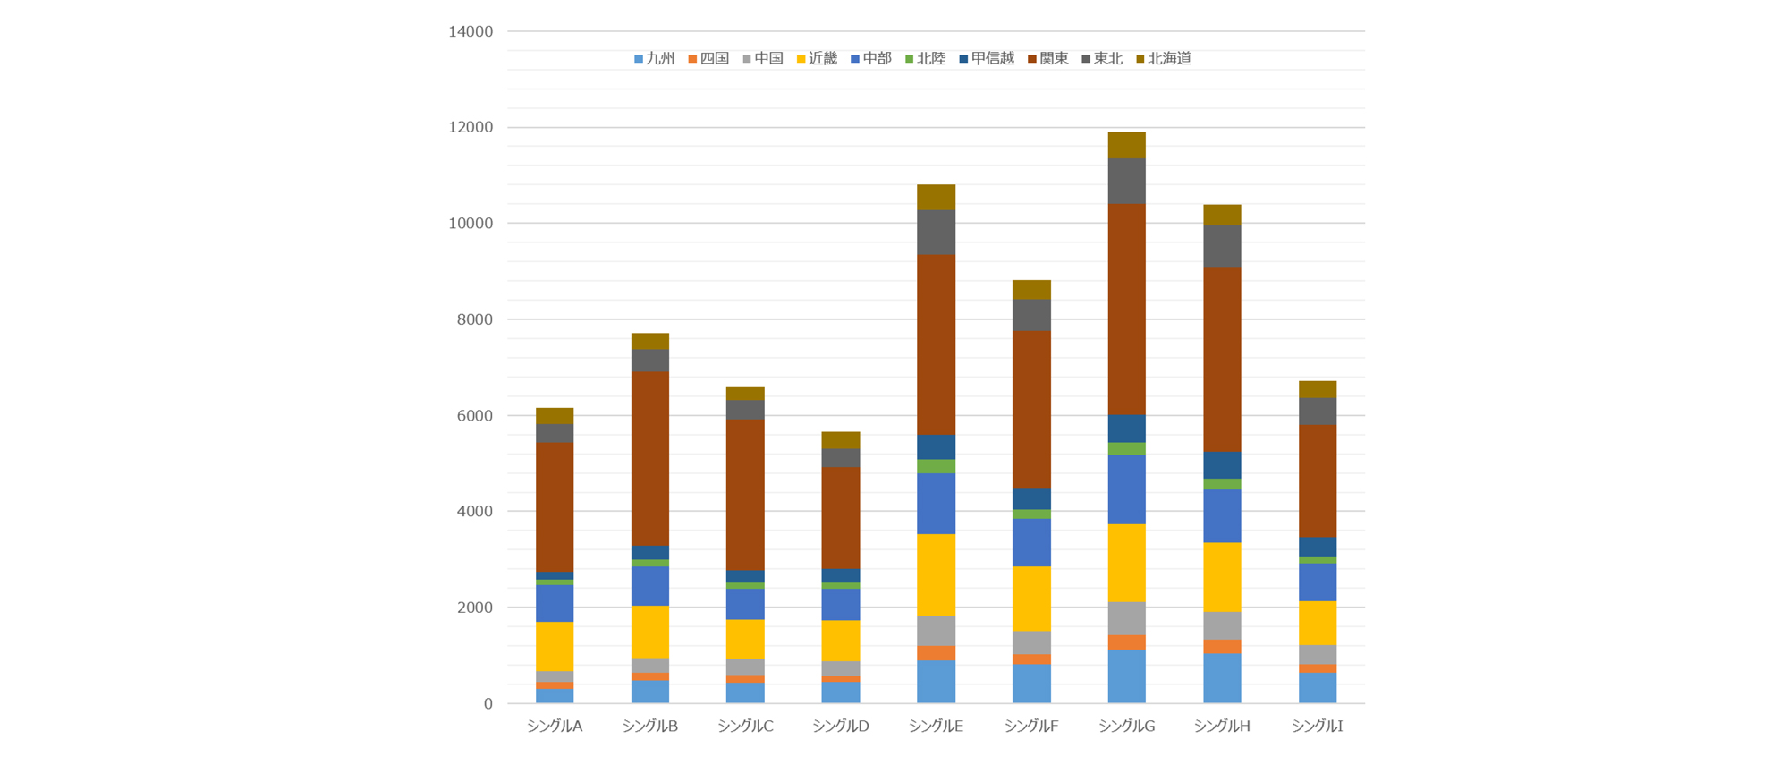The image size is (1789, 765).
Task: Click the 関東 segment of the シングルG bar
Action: click(1126, 309)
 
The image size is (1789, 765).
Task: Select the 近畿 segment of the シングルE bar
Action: click(936, 574)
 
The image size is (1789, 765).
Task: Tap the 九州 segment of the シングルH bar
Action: click(1222, 678)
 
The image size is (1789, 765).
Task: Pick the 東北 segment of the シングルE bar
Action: click(936, 233)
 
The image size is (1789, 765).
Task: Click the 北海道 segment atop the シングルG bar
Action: click(1126, 145)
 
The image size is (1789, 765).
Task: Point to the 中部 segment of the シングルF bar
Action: click(1031, 542)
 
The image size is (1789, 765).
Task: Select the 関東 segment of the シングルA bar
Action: click(555, 507)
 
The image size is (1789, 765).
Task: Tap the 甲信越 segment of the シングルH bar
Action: click(1222, 465)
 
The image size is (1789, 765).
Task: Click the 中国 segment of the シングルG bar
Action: click(1126, 618)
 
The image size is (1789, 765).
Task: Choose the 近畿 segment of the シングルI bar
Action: click(1318, 623)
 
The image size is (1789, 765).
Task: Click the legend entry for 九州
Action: click(654, 59)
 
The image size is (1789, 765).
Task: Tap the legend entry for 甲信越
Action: click(987, 59)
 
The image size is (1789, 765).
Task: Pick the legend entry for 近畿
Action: click(817, 59)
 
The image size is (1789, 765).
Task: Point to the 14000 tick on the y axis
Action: click(471, 32)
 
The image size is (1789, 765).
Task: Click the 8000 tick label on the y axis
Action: click(474, 319)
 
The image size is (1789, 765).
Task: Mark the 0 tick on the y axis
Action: click(488, 704)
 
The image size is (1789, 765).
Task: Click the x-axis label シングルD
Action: click(841, 727)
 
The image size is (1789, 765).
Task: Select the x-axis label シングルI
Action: click(1318, 727)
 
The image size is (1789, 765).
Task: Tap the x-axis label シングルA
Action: click(555, 727)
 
